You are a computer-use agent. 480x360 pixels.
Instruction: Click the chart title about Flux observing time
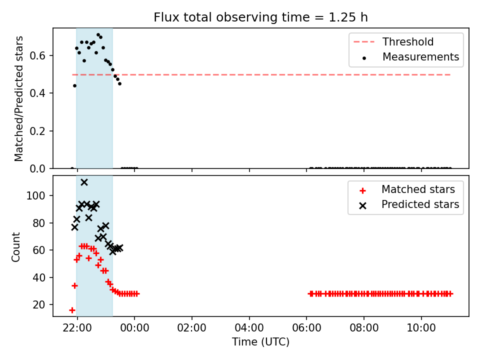[x=260, y=17]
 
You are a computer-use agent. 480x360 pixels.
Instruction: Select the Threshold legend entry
[x=393, y=41]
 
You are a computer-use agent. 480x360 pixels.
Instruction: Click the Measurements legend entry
[x=410, y=57]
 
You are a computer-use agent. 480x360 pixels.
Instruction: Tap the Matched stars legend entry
[x=407, y=189]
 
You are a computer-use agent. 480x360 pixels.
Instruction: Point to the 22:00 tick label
[x=77, y=328]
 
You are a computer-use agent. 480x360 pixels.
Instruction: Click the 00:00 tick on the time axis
[x=134, y=328]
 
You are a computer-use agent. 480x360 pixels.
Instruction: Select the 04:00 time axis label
[x=249, y=328]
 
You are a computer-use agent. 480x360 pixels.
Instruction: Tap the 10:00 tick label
[x=421, y=328]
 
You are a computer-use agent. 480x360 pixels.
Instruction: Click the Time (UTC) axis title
[x=260, y=341]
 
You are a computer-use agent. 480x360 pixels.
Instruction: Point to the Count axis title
[x=15, y=246]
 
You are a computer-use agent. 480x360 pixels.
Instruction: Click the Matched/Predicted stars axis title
[x=18, y=98]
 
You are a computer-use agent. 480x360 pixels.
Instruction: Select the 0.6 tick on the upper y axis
[x=37, y=55]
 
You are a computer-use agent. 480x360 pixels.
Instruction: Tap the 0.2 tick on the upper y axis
[x=37, y=131]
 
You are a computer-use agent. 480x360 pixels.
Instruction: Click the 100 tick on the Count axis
[x=35, y=195]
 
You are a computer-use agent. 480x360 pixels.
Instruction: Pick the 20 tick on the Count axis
[x=39, y=305]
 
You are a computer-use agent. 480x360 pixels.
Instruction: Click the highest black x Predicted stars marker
[x=84, y=182]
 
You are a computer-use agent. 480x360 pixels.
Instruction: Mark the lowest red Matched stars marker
[x=72, y=310]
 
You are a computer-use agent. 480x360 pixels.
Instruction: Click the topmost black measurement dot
[x=98, y=35]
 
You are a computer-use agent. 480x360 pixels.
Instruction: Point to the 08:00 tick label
[x=364, y=328]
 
